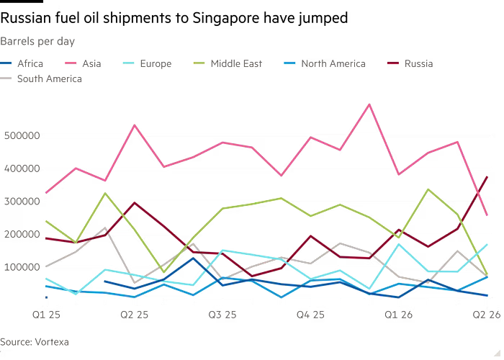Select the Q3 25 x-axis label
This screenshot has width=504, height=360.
point(223,315)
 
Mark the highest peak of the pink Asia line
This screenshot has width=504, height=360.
point(369,104)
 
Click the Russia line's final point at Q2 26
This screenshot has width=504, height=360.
point(488,176)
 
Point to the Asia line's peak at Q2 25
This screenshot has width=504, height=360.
point(134,125)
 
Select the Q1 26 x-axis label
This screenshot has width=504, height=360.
point(398,315)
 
